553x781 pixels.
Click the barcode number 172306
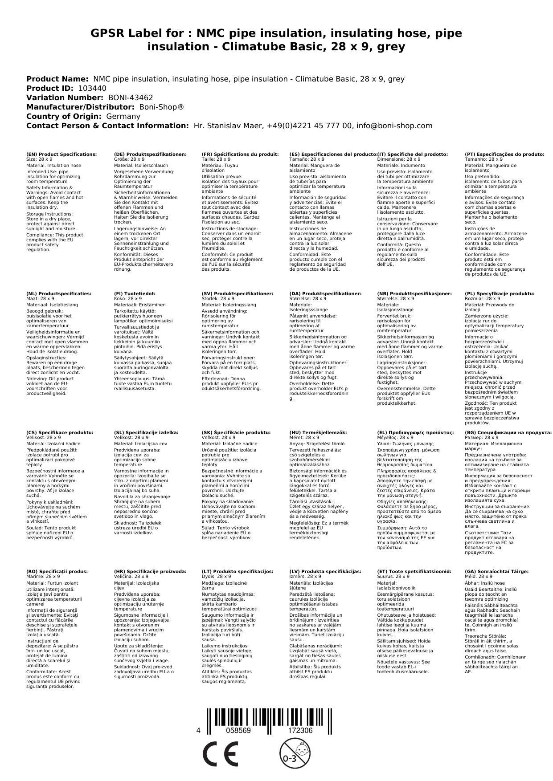pyautogui.click(x=300, y=731)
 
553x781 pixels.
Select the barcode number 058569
pyautogui.click(x=238, y=731)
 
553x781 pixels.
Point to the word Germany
pyautogui.click(x=123, y=116)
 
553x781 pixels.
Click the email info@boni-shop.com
pyautogui.click(x=395, y=126)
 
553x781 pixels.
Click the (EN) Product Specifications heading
pyautogui.click(x=61, y=154)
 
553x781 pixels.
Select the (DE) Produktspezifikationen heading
pyautogui.click(x=150, y=154)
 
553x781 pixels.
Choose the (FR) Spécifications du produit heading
pyautogui.click(x=240, y=154)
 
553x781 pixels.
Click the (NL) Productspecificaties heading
pyautogui.click(x=59, y=294)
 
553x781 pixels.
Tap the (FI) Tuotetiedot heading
pyautogui.click(x=135, y=294)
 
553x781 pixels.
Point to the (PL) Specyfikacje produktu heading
pyautogui.click(x=500, y=294)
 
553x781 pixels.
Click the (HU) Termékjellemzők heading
pyautogui.click(x=318, y=432)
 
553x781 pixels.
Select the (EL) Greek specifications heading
pyautogui.click(x=415, y=432)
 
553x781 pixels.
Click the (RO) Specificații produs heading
pyautogui.click(x=57, y=571)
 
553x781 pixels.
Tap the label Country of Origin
pyautogui.click(x=64, y=116)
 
